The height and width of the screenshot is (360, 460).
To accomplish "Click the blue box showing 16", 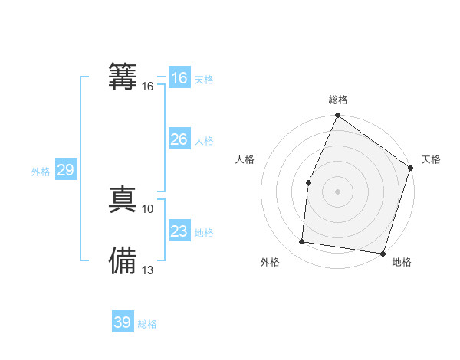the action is (179, 78).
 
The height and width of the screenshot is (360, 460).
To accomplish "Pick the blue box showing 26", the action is (179, 139).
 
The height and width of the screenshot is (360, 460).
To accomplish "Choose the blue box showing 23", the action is (179, 231).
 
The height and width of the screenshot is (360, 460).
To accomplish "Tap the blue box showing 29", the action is (66, 170).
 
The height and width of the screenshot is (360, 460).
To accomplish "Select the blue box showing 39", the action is (123, 322).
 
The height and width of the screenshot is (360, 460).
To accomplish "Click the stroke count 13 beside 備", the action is (148, 270).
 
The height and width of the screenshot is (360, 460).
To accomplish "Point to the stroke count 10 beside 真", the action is (148, 208).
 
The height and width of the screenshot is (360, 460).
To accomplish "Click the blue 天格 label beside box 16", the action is (204, 80).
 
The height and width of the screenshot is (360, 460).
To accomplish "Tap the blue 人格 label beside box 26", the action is (204, 141).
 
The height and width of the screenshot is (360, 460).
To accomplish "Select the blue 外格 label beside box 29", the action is (41, 172).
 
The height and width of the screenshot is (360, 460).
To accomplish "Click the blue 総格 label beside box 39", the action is (147, 324).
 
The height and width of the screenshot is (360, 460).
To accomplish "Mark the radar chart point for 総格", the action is (337, 116).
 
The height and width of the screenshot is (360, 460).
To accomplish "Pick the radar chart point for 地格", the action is (383, 253).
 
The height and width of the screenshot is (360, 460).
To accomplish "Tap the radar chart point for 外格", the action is (302, 241).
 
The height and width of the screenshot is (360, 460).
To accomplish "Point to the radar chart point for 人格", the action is (308, 182).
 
